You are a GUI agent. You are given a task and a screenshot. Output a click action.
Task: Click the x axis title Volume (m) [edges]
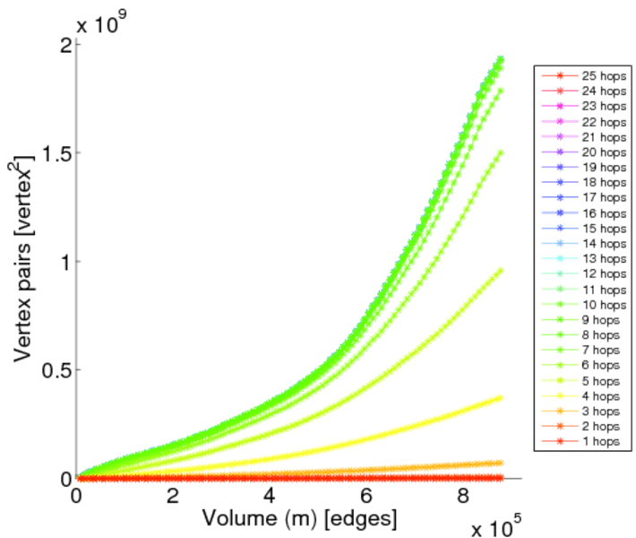click(299, 518)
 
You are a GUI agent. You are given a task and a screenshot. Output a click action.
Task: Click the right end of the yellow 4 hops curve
click(500, 397)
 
